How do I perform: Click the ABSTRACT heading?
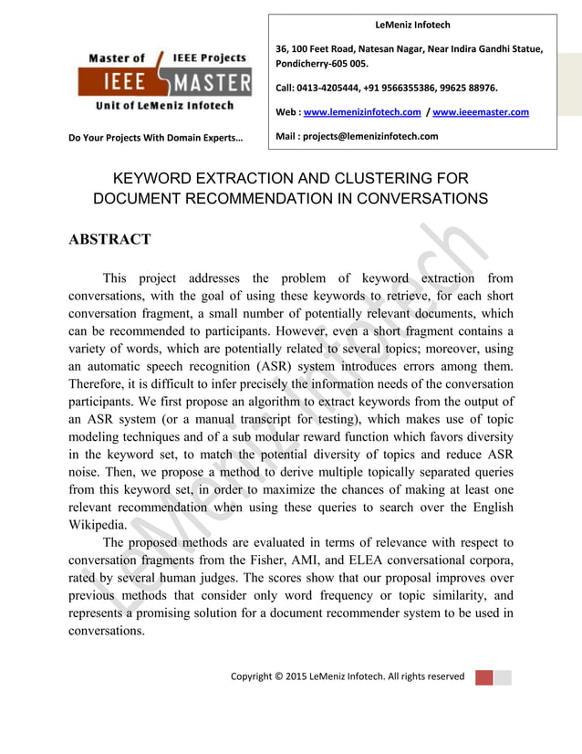click(109, 240)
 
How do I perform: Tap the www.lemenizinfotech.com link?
click(362, 112)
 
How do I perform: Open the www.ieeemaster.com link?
click(481, 112)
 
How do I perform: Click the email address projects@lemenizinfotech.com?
click(373, 136)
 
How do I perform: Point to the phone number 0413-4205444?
click(333, 89)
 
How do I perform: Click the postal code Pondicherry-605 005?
click(322, 64)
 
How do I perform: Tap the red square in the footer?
click(483, 676)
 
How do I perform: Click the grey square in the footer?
click(503, 676)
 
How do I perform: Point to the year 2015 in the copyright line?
click(302, 676)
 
